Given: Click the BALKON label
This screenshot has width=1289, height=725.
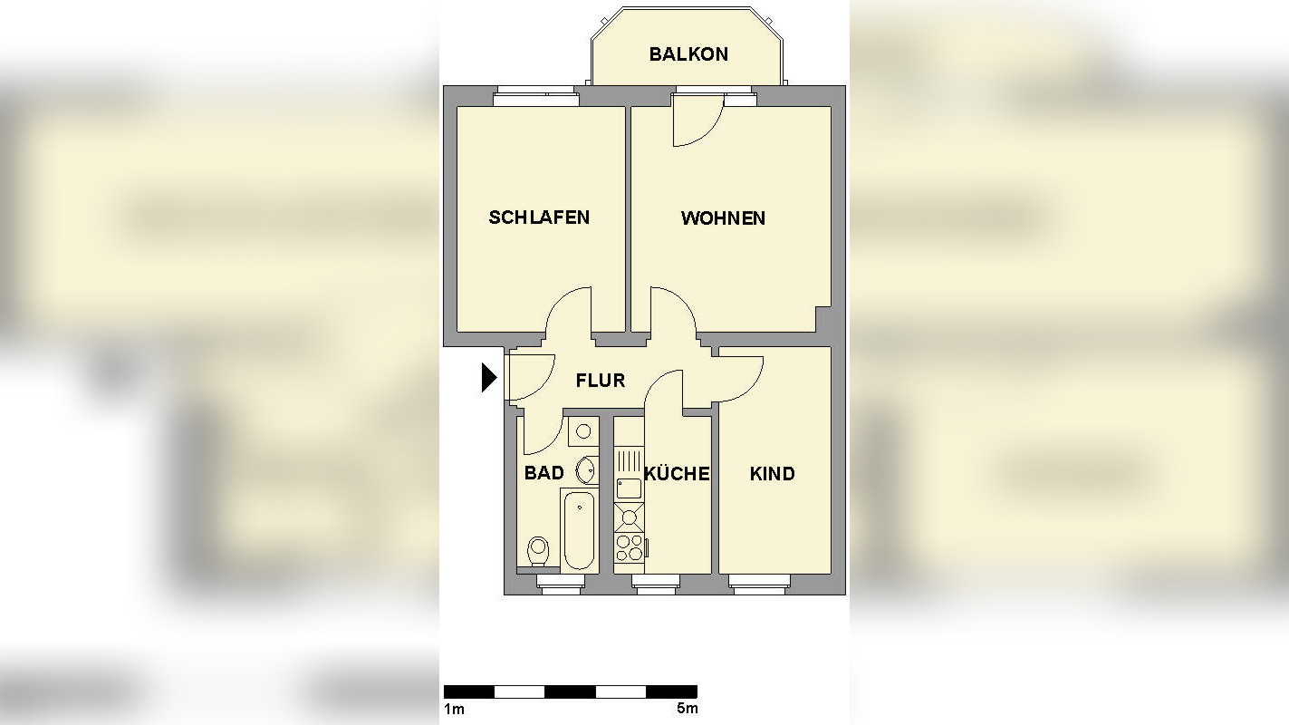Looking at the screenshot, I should click(x=688, y=54).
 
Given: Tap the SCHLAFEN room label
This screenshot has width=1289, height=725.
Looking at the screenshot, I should click(x=539, y=217).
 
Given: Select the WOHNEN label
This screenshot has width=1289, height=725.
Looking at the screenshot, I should click(x=723, y=218).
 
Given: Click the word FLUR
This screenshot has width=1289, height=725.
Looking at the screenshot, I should click(x=601, y=381).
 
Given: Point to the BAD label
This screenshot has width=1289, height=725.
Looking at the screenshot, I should click(x=543, y=473).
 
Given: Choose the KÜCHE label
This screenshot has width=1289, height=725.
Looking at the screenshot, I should click(x=677, y=474).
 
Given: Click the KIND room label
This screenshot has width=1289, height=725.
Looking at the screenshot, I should click(x=773, y=474).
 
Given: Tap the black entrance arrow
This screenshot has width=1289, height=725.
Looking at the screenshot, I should click(x=489, y=377).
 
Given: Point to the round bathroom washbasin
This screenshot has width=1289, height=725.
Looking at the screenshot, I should click(x=587, y=471).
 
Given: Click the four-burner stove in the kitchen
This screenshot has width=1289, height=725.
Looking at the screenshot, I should click(x=629, y=548).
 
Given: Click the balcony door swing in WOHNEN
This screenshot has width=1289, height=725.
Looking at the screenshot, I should click(x=697, y=121).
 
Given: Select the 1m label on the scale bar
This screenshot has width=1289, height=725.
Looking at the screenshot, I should click(x=453, y=709).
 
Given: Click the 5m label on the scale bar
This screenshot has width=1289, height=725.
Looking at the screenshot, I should click(x=687, y=709).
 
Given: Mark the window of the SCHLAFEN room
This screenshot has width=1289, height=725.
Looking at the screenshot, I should click(x=534, y=96).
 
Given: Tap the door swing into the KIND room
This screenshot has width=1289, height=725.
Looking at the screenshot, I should click(x=738, y=376).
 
